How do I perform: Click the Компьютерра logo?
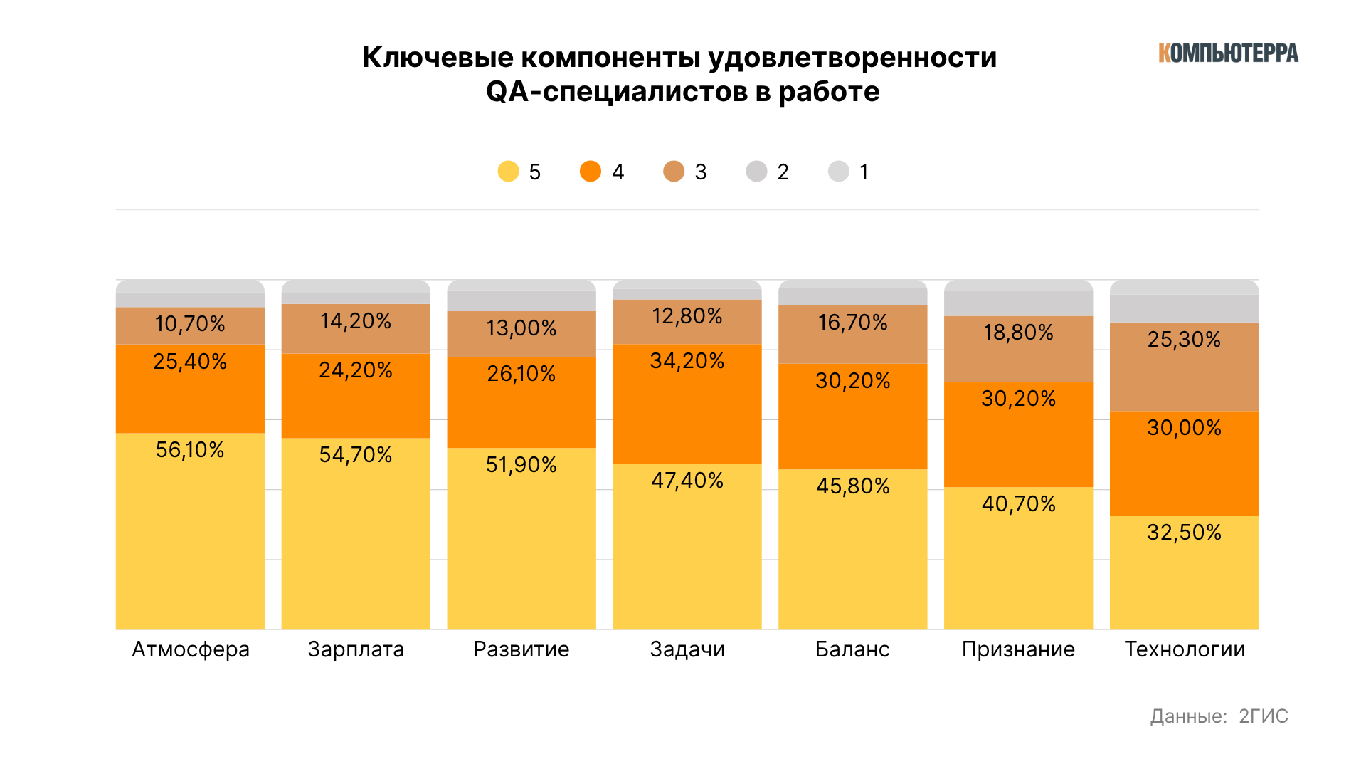click(x=1228, y=53)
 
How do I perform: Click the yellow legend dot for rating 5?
click(x=508, y=172)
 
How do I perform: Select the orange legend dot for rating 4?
click(x=591, y=172)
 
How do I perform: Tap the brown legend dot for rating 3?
click(x=674, y=172)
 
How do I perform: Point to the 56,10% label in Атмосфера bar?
click(x=190, y=450)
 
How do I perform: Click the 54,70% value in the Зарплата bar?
click(x=356, y=455)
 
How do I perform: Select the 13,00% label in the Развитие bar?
click(x=521, y=328)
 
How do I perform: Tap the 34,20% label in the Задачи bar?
click(x=687, y=361)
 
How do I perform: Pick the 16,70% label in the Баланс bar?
click(x=853, y=323)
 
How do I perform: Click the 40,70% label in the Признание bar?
click(x=1019, y=504)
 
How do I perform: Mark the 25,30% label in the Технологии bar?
click(x=1184, y=340)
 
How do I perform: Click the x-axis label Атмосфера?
click(x=191, y=649)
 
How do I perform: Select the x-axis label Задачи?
click(x=687, y=649)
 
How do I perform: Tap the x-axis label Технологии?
click(x=1185, y=649)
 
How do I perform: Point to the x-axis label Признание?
click(x=1018, y=649)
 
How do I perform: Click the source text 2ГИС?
click(x=1264, y=716)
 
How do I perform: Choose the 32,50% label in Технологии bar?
click(x=1184, y=533)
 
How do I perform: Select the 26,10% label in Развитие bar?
click(x=521, y=374)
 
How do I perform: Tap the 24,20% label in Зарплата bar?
click(x=356, y=370)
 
